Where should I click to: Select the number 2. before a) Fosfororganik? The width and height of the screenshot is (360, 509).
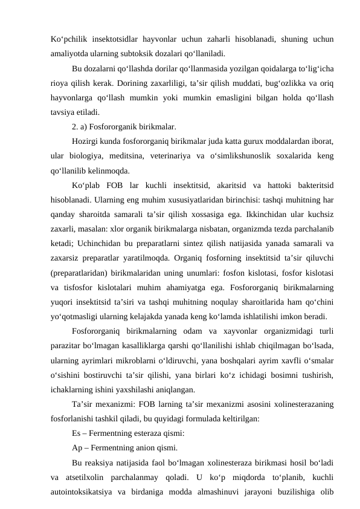(75, 126)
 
